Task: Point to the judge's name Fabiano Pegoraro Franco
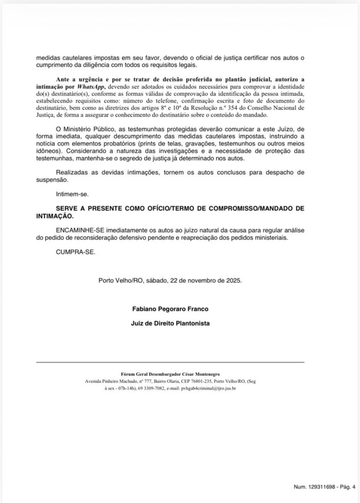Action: click(x=170, y=309)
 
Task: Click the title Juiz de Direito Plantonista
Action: click(x=170, y=324)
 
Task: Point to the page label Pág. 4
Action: click(x=348, y=487)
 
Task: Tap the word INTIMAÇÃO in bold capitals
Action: click(x=55, y=216)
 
